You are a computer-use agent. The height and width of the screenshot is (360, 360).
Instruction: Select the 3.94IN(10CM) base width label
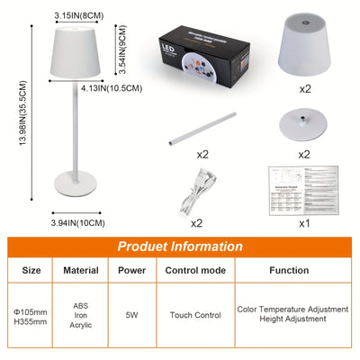click(78, 221)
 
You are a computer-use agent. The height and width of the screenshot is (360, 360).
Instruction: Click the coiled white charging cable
click(200, 193)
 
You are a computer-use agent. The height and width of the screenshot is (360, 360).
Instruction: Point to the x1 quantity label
click(305, 221)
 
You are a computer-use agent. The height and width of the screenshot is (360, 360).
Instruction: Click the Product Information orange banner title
click(180, 246)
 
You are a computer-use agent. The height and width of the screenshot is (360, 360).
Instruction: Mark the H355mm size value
click(31, 321)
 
